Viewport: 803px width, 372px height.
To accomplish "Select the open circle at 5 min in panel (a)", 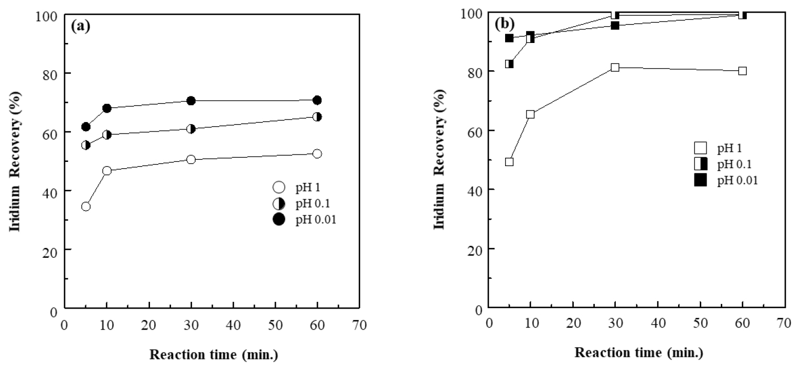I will (x=86, y=206).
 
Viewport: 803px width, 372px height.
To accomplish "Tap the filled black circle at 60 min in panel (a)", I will (x=317, y=100).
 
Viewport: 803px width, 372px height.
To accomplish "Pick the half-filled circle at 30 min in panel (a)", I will (x=191, y=129).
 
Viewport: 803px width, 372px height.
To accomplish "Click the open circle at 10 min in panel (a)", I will (x=107, y=171).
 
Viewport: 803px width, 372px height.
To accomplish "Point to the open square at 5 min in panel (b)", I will (x=509, y=162).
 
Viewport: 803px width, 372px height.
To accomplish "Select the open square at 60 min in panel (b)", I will (x=742, y=71).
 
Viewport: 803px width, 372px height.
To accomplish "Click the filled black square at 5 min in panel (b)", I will (x=509, y=38).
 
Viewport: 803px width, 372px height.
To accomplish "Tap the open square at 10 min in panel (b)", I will (x=530, y=114).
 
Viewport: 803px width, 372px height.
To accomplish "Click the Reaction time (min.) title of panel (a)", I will (x=213, y=354).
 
